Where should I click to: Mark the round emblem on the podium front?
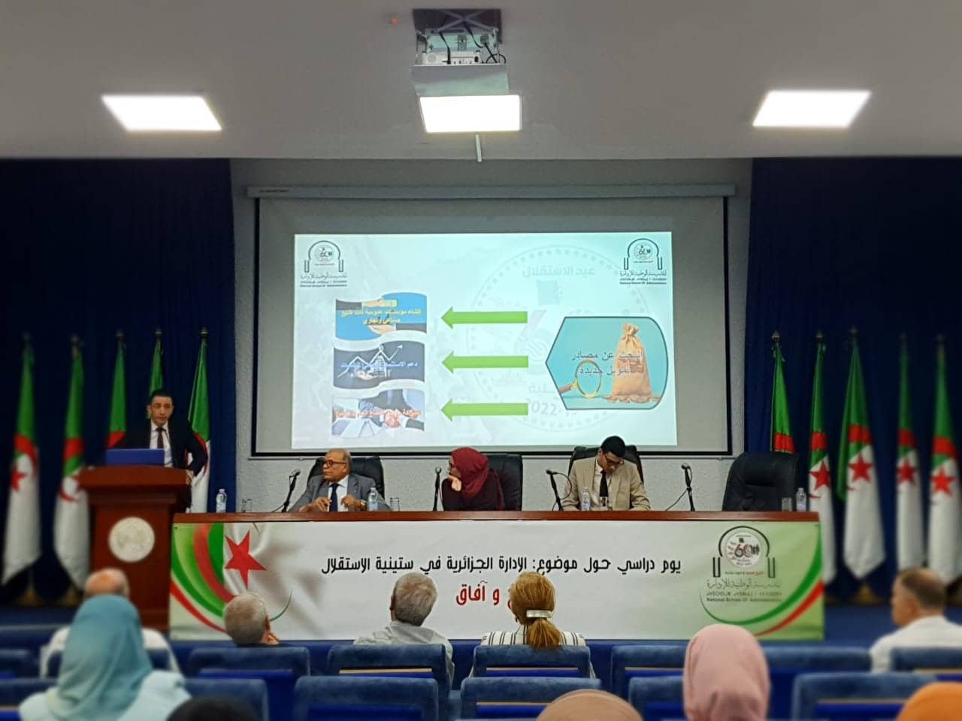tap(132, 538)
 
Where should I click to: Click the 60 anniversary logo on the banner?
tap(740, 552)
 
